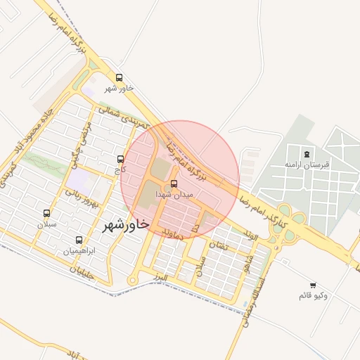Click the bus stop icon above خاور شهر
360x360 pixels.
(119, 78)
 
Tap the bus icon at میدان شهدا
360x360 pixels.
(174, 184)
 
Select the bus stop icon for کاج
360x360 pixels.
(120, 159)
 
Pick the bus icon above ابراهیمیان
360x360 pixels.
(78, 240)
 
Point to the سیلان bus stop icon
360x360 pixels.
(47, 213)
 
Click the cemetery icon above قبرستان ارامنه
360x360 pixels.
(307, 154)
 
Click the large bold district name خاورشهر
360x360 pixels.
(126, 224)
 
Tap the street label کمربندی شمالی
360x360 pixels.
(125, 117)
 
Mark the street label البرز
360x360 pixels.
(161, 278)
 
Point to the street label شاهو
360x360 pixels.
(247, 262)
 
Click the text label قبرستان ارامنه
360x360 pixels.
(307, 164)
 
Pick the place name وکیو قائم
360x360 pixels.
(313, 295)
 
